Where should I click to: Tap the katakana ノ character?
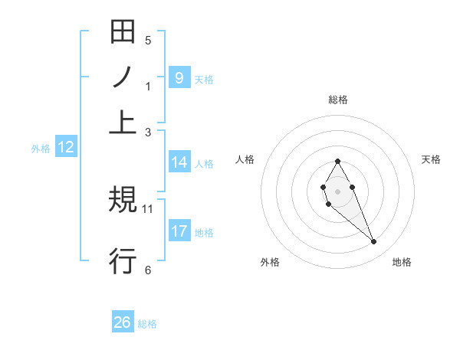click(x=123, y=78)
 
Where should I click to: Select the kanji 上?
click(x=123, y=123)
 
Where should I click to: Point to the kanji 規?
click(x=123, y=201)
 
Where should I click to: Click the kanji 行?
click(x=123, y=261)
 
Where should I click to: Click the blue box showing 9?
click(x=179, y=77)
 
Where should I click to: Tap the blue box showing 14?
click(x=179, y=162)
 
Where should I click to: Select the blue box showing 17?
click(x=179, y=231)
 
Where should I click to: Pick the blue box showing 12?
click(x=65, y=147)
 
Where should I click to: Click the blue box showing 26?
click(x=123, y=322)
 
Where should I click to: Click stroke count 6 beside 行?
click(x=148, y=270)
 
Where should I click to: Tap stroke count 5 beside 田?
click(x=148, y=41)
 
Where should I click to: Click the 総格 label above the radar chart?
click(x=337, y=100)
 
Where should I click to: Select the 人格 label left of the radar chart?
click(x=245, y=159)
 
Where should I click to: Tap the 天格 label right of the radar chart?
click(x=431, y=159)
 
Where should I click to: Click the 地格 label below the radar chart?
click(x=402, y=262)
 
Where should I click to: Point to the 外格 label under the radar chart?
click(x=270, y=262)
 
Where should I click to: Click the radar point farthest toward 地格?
click(x=374, y=242)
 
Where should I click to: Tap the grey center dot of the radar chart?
click(x=337, y=190)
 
